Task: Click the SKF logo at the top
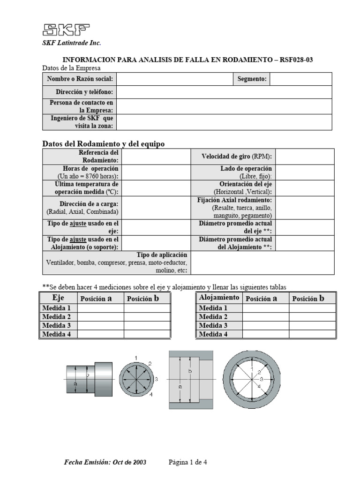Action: pos(66,30)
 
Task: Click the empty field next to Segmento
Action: pos(300,79)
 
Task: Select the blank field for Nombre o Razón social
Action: pos(174,79)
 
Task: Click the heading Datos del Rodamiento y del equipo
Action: pos(104,144)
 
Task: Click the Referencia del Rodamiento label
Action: pos(98,157)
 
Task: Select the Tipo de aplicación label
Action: pos(158,255)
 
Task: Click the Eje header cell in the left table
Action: pos(58,298)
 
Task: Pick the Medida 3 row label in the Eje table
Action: pos(57,325)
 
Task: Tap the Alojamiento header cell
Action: pos(219,298)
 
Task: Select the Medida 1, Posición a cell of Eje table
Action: pos(101,308)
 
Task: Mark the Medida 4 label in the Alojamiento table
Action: pos(213,334)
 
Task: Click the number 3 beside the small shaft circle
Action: pos(156,378)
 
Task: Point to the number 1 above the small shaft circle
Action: pos(135,359)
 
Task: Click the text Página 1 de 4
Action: pos(187,462)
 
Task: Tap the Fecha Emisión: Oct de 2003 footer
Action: pos(105,462)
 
